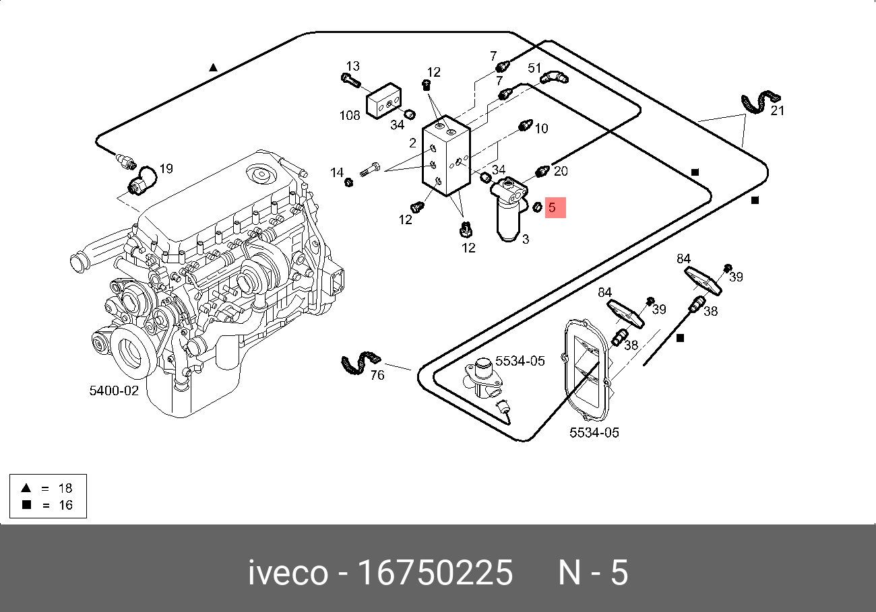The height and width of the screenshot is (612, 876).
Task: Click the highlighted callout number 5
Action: pos(553,207)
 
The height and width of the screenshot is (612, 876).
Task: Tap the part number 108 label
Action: pos(349,115)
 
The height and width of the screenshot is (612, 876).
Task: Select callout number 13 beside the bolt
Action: pos(352,66)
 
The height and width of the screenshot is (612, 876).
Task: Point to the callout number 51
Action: pos(534,67)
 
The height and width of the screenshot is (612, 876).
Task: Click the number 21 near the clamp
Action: pos(777,110)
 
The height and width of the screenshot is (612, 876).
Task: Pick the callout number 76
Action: pos(377,374)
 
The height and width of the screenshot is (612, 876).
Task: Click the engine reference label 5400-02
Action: pos(114,390)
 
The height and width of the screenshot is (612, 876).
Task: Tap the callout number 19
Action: pos(166,168)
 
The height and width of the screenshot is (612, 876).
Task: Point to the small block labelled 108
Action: pos(383,102)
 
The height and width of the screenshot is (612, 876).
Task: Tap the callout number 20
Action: pos(561,171)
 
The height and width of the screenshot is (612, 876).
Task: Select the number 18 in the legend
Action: pos(65,487)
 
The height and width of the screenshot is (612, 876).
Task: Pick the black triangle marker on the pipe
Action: pos(213,67)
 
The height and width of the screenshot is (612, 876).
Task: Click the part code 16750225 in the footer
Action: pos(435,573)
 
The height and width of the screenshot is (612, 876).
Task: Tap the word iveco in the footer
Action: pos(288,573)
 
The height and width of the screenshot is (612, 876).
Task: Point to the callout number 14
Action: pos(337,173)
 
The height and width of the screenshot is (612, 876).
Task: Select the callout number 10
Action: pos(541,128)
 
